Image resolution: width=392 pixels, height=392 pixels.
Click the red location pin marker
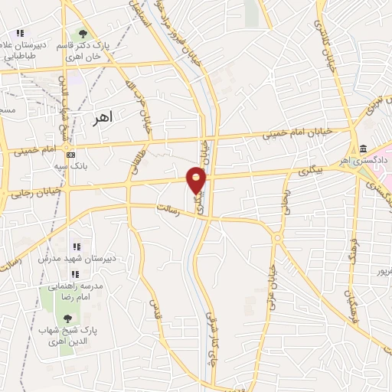click(197, 181)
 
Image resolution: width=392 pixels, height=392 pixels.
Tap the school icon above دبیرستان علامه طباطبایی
click(20, 34)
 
